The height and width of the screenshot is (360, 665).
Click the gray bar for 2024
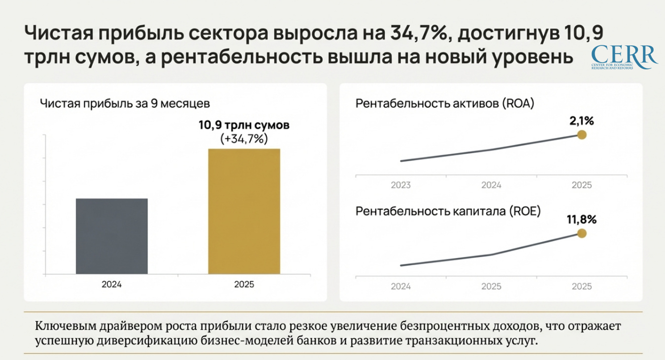tap(111, 236)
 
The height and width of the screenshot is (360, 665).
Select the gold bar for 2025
tap(244, 211)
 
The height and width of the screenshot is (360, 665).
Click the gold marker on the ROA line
tap(582, 135)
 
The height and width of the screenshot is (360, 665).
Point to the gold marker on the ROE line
tap(582, 233)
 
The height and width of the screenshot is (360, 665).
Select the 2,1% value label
tap(582, 121)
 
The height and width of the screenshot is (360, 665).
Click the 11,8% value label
tap(582, 219)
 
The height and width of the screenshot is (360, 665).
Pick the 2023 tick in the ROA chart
tap(400, 186)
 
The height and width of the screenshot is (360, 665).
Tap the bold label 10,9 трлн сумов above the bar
tap(244, 125)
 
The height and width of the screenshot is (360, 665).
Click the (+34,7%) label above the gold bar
tap(244, 139)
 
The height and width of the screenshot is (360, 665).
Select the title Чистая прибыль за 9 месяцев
tap(125, 104)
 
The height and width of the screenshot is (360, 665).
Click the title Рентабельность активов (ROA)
tap(445, 104)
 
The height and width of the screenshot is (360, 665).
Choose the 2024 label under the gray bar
tap(111, 285)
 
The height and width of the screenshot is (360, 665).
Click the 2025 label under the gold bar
tap(244, 285)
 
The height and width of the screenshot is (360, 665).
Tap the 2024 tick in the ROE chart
tap(400, 287)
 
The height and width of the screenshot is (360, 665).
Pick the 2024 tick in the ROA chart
tap(491, 186)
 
